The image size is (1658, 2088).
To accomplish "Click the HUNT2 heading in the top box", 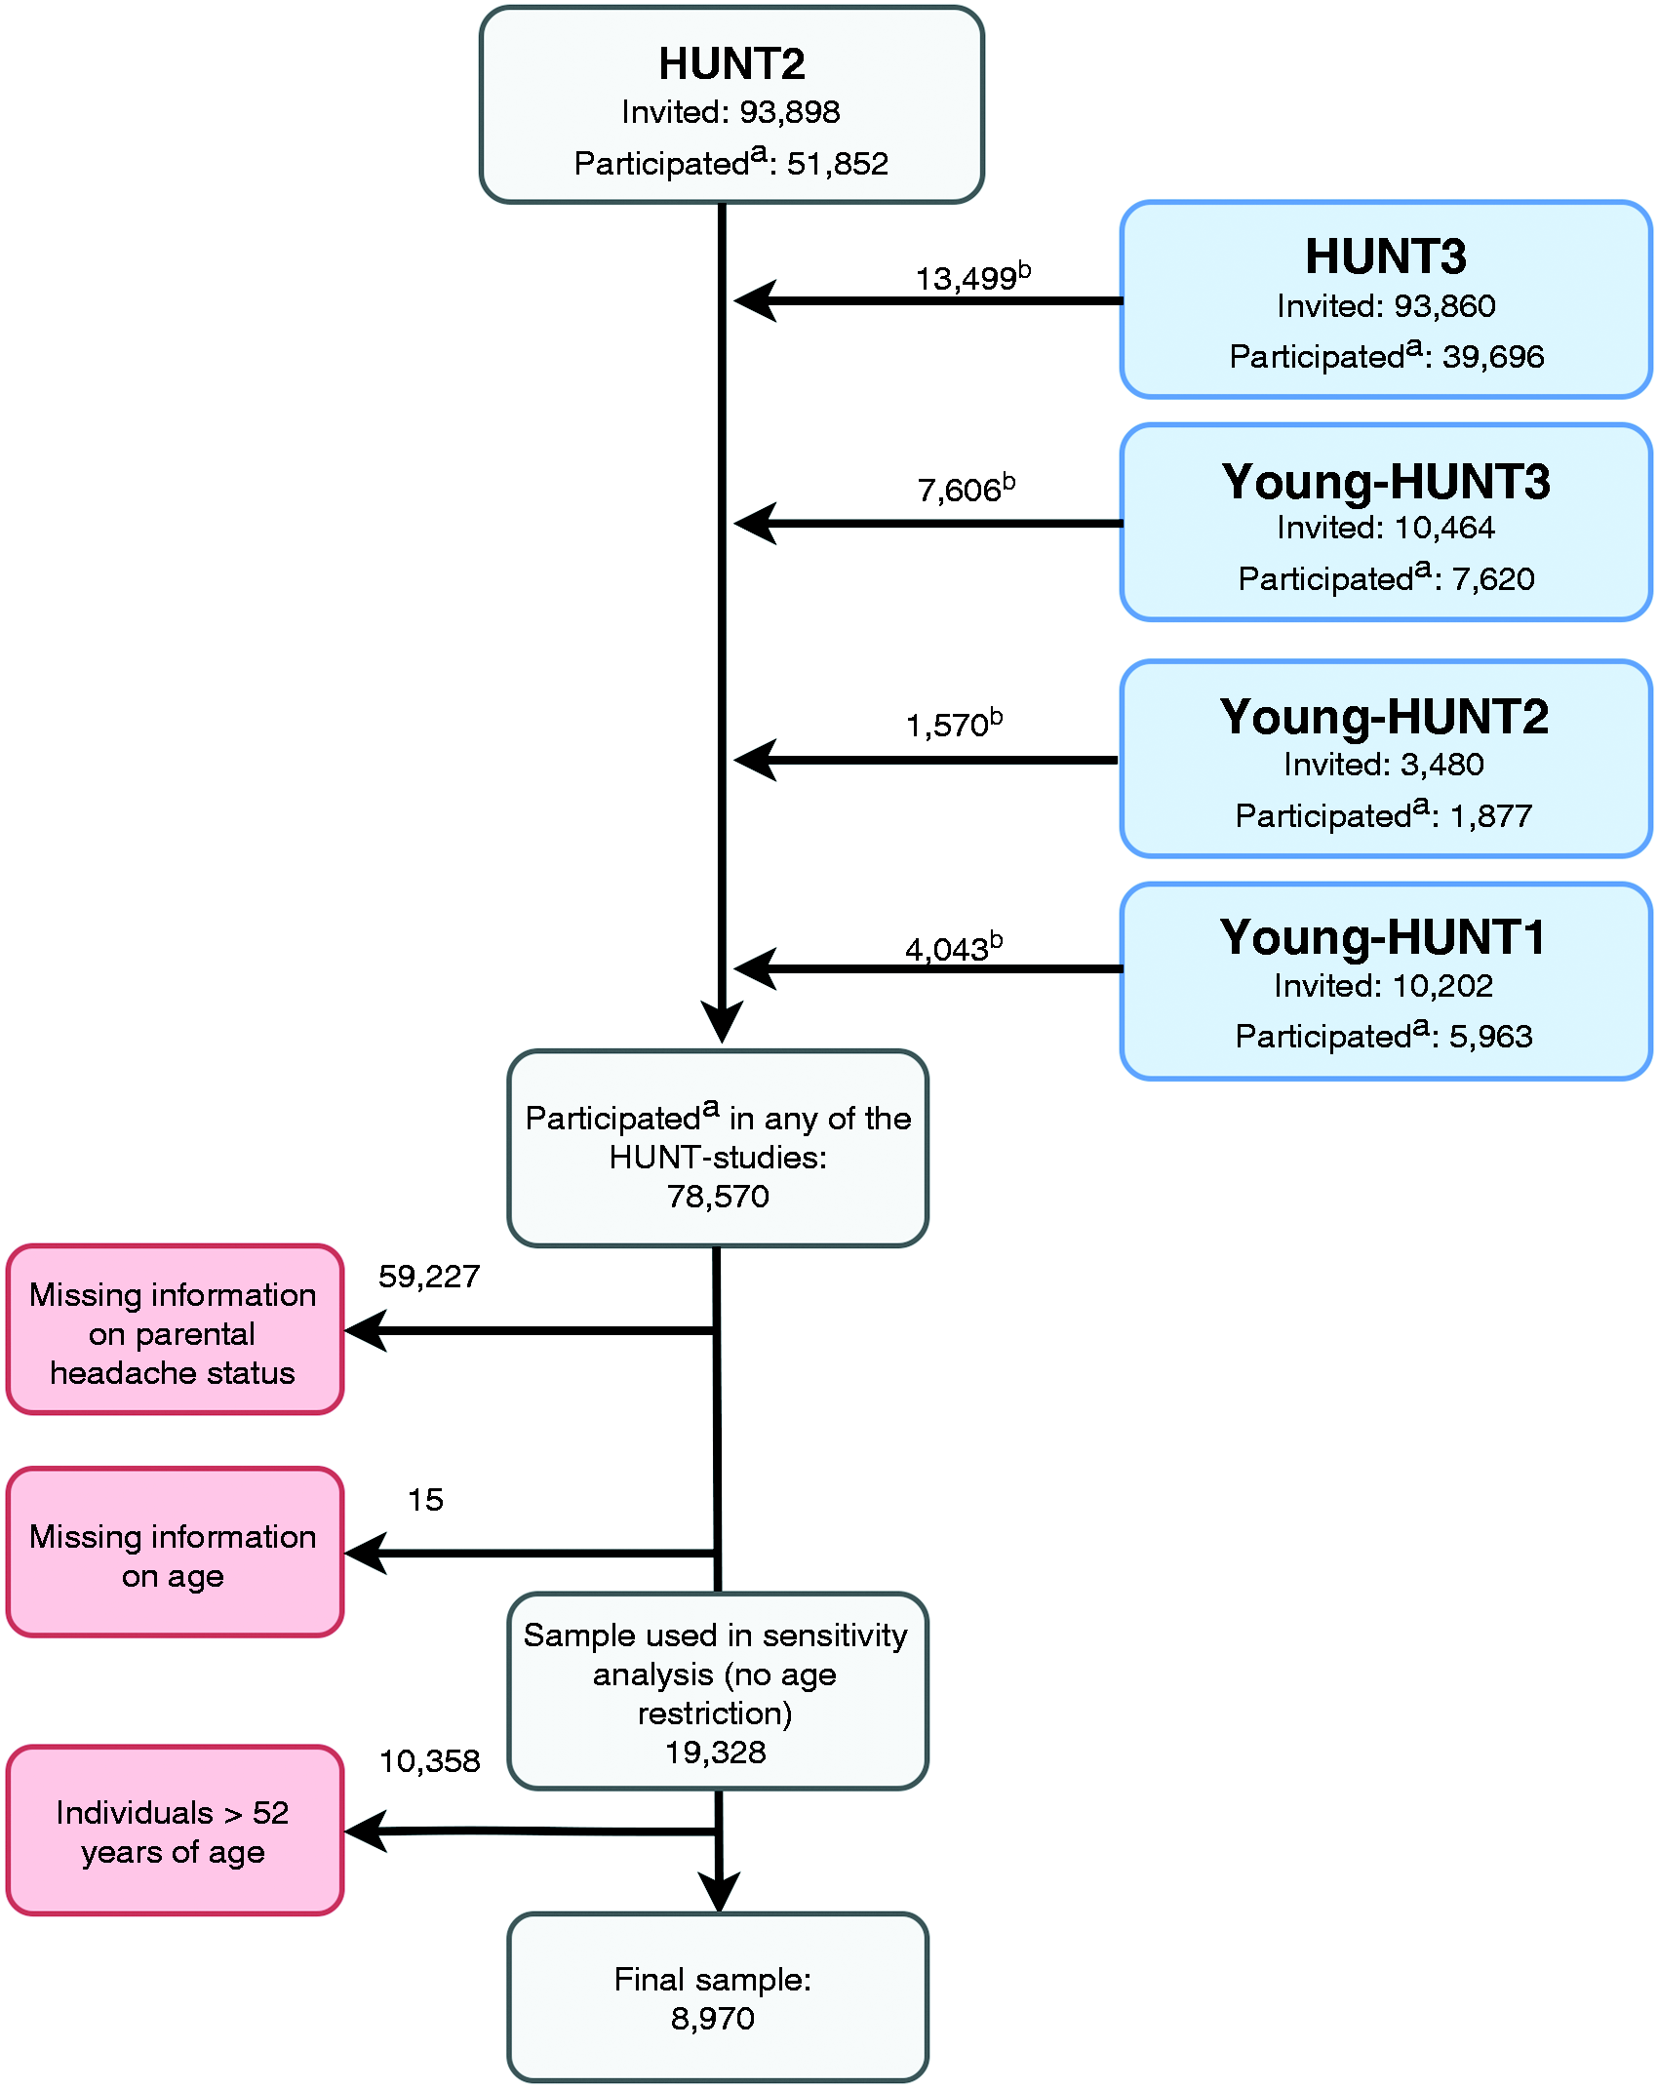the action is tap(731, 64).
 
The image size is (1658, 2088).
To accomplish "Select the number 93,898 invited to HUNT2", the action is tap(790, 112).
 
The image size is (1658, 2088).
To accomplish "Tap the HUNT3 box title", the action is tap(1385, 256).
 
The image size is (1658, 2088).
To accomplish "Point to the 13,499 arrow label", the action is tap(972, 278).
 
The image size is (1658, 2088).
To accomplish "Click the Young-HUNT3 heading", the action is tap(1385, 482).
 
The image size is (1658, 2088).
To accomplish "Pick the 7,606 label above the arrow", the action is tap(966, 489).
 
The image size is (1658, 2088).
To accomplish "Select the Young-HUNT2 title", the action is tap(1384, 717).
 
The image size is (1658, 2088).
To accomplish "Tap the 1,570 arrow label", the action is tap(954, 724).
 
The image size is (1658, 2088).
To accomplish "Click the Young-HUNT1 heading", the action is tap(1382, 938).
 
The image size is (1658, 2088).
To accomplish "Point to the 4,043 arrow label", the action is tap(954, 948).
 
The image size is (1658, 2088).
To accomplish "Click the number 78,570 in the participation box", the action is tap(718, 1197).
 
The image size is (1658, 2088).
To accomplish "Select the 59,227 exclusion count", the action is tap(429, 1277).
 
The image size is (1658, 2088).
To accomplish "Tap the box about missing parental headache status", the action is tap(175, 1329).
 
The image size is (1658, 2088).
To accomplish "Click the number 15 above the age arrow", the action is tap(425, 1500).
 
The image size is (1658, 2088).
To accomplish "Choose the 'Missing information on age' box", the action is tap(175, 1553).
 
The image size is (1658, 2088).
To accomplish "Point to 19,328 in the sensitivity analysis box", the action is tap(716, 1753).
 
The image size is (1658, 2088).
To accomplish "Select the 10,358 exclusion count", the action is tap(429, 1761).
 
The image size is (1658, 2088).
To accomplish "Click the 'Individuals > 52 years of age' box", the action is tap(175, 1831).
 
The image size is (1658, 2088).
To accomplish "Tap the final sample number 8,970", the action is tap(713, 2019).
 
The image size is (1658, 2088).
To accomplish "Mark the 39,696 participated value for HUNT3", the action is tap(1493, 357).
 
